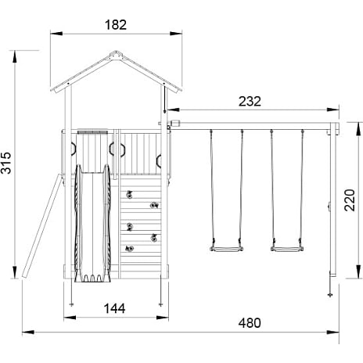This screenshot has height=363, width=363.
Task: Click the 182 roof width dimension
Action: [116, 25]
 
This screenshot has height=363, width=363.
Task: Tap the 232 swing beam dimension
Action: [250, 102]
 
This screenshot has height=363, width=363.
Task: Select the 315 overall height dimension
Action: [6, 163]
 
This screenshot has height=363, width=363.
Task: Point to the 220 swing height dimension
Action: [350, 200]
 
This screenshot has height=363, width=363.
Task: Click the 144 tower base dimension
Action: [115, 308]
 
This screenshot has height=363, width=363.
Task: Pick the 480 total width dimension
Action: [250, 323]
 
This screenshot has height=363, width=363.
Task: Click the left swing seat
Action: [227, 249]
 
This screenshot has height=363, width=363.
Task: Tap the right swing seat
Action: [287, 249]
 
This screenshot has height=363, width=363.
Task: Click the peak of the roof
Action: [116, 52]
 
